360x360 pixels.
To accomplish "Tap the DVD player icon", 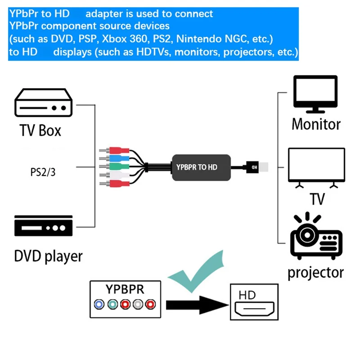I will point(44,226).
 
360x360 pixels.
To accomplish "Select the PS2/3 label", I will point(40,172).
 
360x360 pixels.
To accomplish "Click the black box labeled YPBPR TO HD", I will point(201,167).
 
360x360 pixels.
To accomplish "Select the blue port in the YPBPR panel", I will point(99,305).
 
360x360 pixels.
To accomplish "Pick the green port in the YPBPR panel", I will point(112,305).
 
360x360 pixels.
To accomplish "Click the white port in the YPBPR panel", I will point(139,305).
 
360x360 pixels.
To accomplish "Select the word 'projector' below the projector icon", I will point(315,272).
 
